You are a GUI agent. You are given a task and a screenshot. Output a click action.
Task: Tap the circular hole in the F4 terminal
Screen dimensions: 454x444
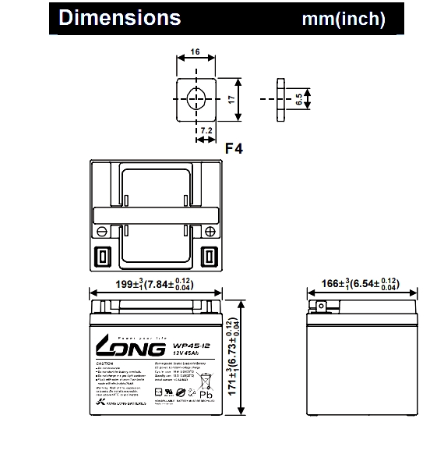pyautogui.click(x=195, y=100)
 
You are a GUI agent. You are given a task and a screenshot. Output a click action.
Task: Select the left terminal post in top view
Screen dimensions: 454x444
pyautogui.click(x=104, y=256)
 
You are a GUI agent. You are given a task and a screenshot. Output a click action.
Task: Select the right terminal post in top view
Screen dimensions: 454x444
pyautogui.click(x=210, y=256)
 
